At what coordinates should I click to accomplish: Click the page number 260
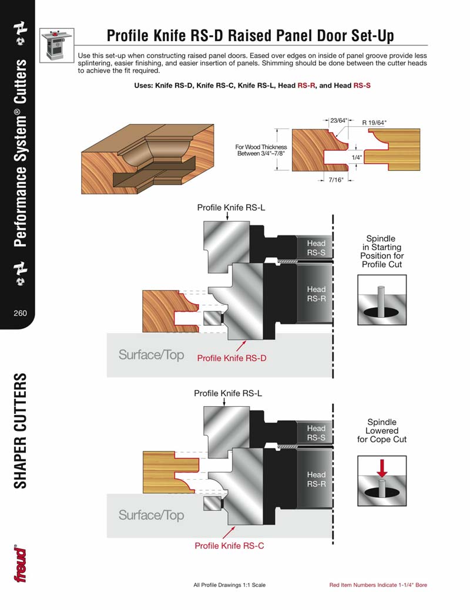click(20, 313)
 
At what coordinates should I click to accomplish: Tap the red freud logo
click(20, 564)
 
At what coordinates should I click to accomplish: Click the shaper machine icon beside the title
click(57, 45)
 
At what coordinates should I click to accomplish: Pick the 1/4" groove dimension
click(357, 158)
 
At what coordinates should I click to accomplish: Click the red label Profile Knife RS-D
click(231, 358)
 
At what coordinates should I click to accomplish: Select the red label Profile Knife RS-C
click(229, 545)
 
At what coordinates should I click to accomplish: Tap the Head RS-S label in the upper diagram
click(316, 248)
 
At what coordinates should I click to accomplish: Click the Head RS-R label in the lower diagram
click(316, 479)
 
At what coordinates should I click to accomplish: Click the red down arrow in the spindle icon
click(382, 467)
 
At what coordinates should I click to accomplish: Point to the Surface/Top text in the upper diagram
click(151, 355)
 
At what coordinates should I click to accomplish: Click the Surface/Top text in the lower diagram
click(151, 515)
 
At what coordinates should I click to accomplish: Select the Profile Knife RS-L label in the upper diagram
click(227, 207)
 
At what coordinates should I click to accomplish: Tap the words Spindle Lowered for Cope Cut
click(381, 430)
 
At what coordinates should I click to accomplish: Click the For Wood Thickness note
click(253, 150)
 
